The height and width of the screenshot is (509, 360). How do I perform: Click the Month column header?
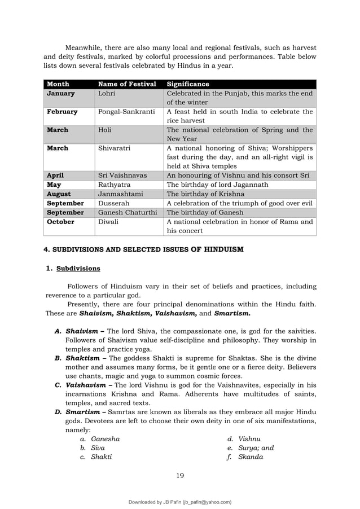(58, 84)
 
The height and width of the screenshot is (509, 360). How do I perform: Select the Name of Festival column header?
(127, 84)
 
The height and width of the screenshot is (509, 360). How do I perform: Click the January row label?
(61, 94)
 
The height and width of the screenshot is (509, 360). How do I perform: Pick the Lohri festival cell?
(107, 94)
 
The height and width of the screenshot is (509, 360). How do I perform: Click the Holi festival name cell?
(105, 130)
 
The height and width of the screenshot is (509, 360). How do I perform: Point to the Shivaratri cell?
(115, 148)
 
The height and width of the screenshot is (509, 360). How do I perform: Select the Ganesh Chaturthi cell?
(128, 212)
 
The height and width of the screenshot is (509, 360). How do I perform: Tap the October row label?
(61, 222)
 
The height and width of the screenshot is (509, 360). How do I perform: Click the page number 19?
(180, 475)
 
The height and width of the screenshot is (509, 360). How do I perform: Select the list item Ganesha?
(105, 438)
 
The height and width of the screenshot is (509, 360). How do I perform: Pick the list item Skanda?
(251, 457)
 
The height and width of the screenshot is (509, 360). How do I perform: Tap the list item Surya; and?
(256, 447)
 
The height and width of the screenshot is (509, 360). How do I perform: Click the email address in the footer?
(203, 502)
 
